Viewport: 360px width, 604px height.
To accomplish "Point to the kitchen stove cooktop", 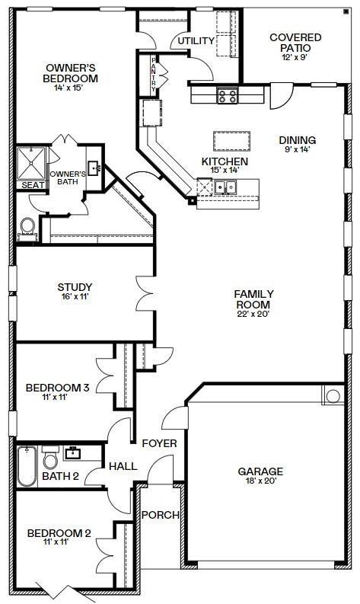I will pos(227,96).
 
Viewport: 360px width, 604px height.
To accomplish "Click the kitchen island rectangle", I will pos(232,141).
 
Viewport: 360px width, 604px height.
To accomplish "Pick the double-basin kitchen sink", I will pos(226,187).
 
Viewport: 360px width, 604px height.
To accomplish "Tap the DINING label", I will pos(297,140).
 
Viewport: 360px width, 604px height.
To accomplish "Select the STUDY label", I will pos(75,287).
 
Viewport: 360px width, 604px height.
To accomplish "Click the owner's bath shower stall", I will pos(32,160).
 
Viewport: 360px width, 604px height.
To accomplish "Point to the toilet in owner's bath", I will pos(28,227).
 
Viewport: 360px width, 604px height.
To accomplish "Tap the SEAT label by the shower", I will pos(32,185).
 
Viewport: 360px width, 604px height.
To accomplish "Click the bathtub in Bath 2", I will pos(27,466).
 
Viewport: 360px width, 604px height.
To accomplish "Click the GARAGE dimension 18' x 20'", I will pos(260,482).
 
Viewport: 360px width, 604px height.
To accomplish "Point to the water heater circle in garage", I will pos(332,396).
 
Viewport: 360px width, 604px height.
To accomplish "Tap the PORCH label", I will pos(161,515).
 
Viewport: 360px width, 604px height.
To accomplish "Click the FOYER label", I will pos(160,443).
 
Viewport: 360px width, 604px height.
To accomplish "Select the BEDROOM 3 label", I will pos(58,388).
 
